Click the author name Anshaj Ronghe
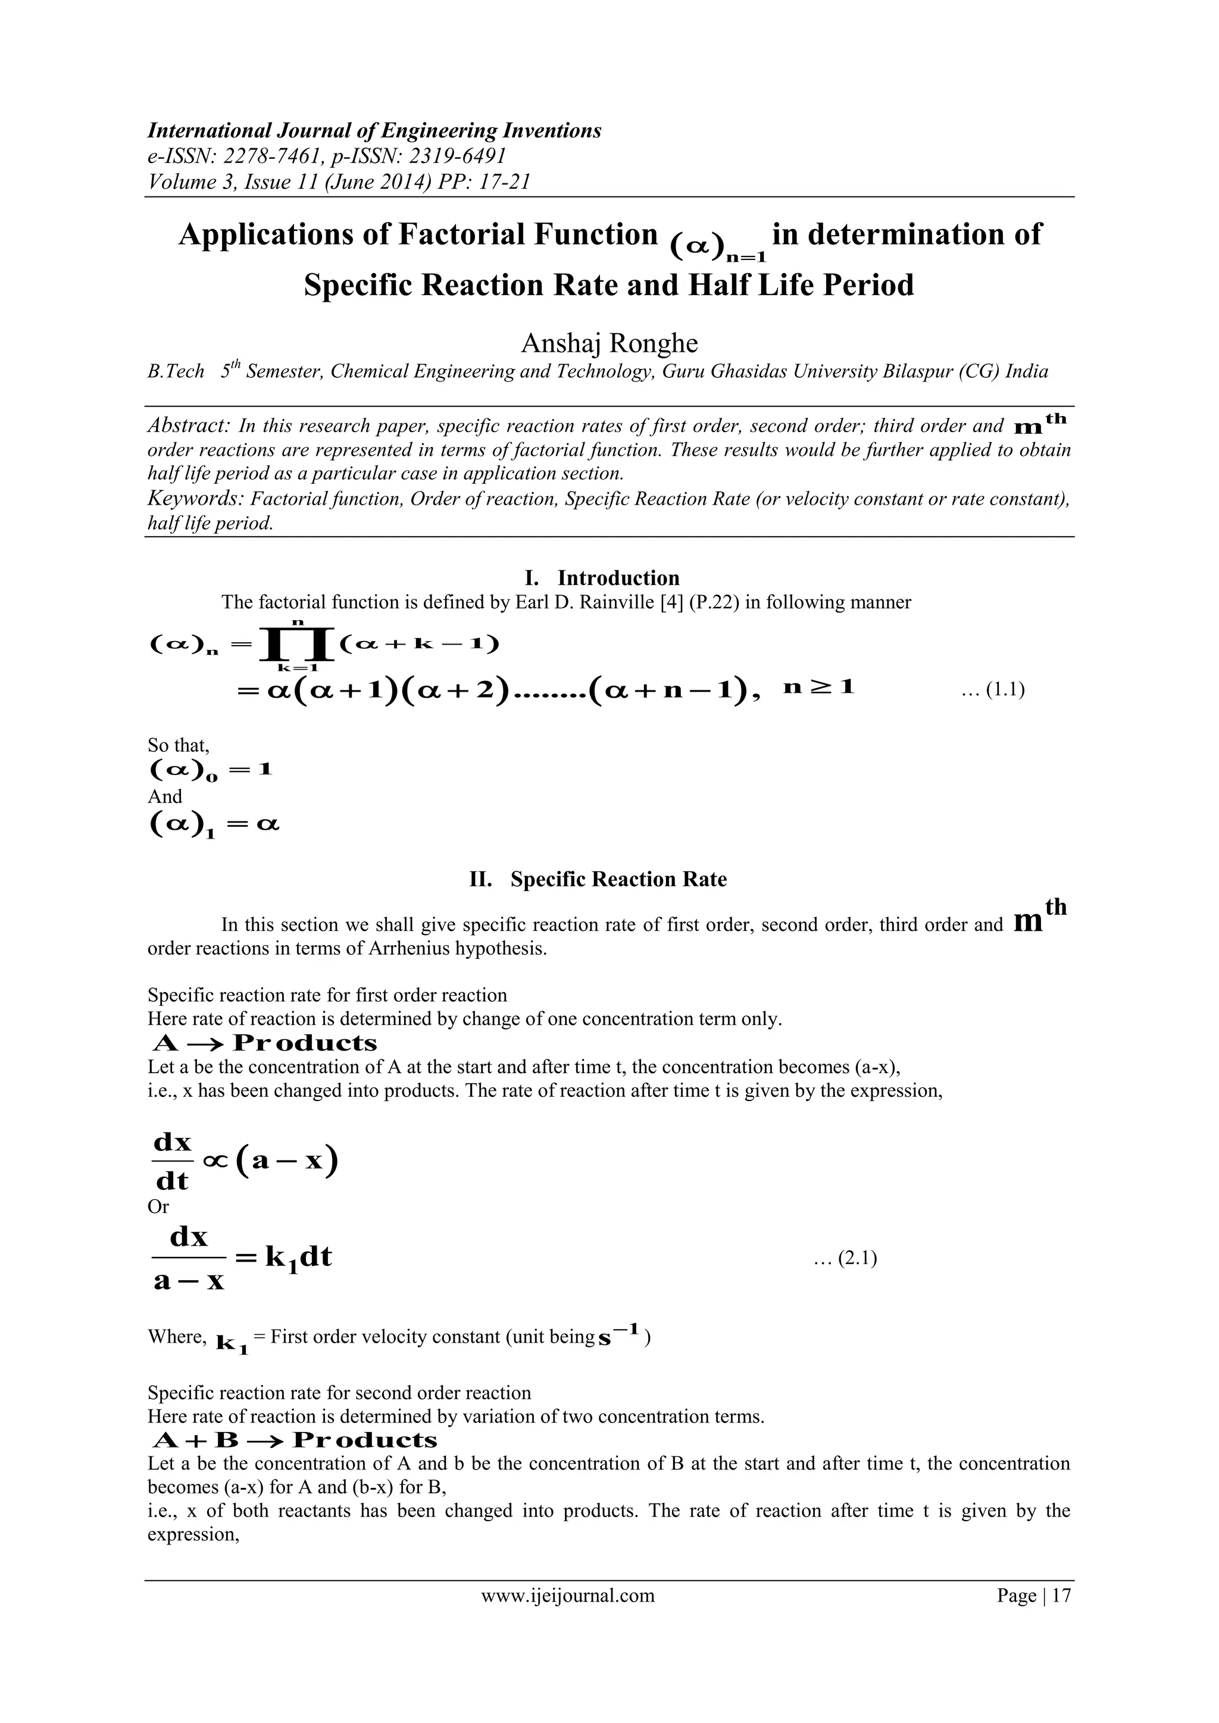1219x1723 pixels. point(609,343)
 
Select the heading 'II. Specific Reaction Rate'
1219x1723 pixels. point(598,879)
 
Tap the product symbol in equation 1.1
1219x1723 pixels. point(295,644)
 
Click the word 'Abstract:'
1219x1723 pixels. point(189,426)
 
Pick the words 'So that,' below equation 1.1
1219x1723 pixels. point(179,745)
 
